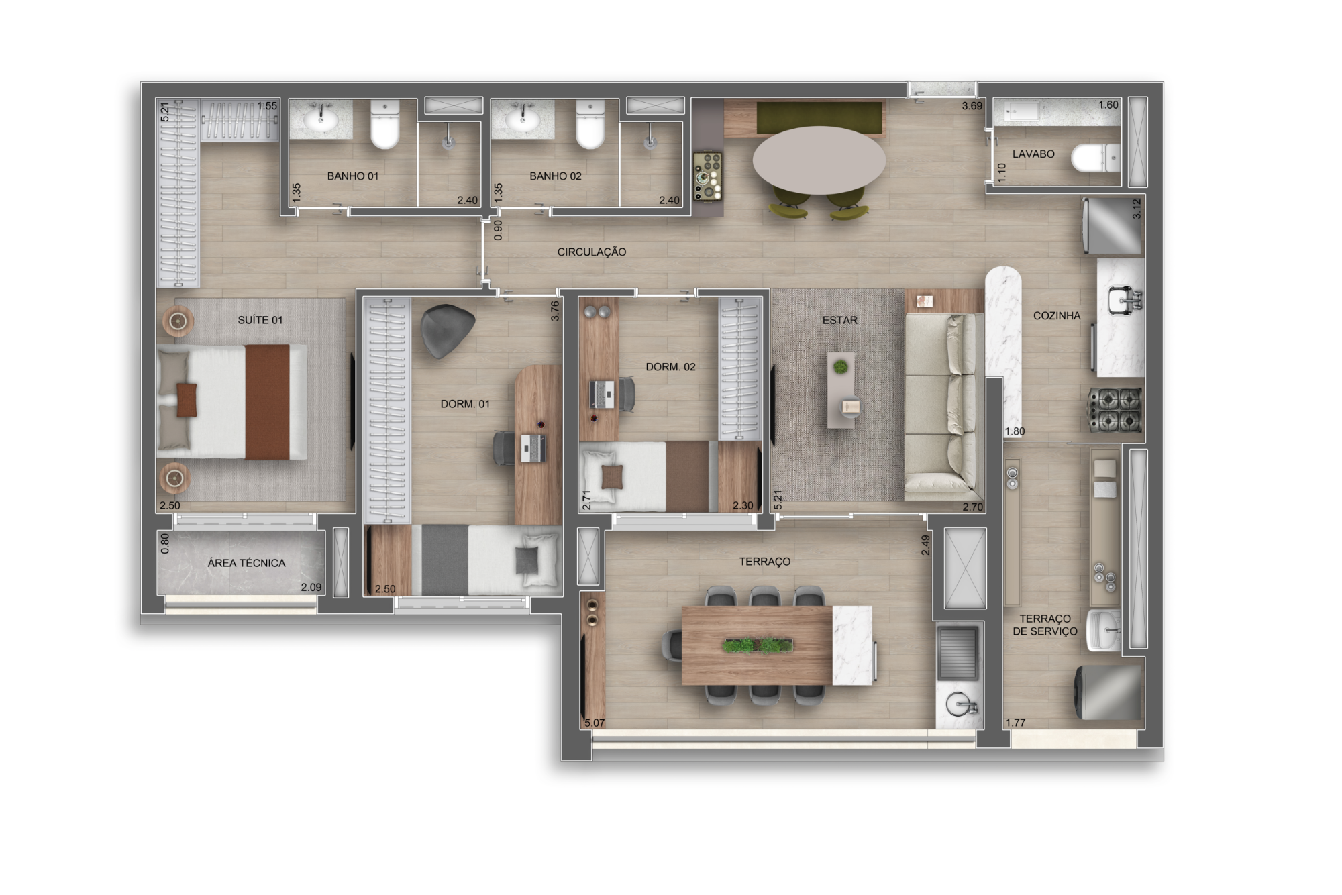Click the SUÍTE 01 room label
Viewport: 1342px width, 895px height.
pyautogui.click(x=260, y=320)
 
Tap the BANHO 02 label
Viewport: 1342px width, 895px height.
pyautogui.click(x=555, y=176)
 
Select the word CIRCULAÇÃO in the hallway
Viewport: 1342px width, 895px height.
pyautogui.click(x=591, y=252)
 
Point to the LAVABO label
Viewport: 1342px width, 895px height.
pyautogui.click(x=1033, y=154)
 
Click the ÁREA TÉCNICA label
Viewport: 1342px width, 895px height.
pyautogui.click(x=246, y=563)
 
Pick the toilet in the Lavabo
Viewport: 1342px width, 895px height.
pyautogui.click(x=1095, y=158)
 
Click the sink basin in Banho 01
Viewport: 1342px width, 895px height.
pyautogui.click(x=321, y=120)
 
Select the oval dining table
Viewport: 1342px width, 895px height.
pyautogui.click(x=819, y=160)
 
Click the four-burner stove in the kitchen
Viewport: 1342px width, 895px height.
pyautogui.click(x=1115, y=409)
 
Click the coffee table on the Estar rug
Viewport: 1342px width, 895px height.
pyautogui.click(x=841, y=390)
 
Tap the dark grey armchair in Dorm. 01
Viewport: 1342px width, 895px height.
pyautogui.click(x=446, y=330)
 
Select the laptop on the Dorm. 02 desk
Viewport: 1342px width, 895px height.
pyautogui.click(x=602, y=394)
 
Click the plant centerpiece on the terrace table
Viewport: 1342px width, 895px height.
pyautogui.click(x=758, y=645)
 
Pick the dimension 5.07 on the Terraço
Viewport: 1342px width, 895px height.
pyautogui.click(x=595, y=723)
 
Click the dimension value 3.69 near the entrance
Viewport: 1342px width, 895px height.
pyautogui.click(x=972, y=105)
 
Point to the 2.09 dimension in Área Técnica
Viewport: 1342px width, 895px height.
pyautogui.click(x=311, y=587)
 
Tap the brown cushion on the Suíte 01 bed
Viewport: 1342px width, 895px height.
pyautogui.click(x=187, y=400)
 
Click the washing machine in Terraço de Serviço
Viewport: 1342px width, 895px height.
pyautogui.click(x=1108, y=692)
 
